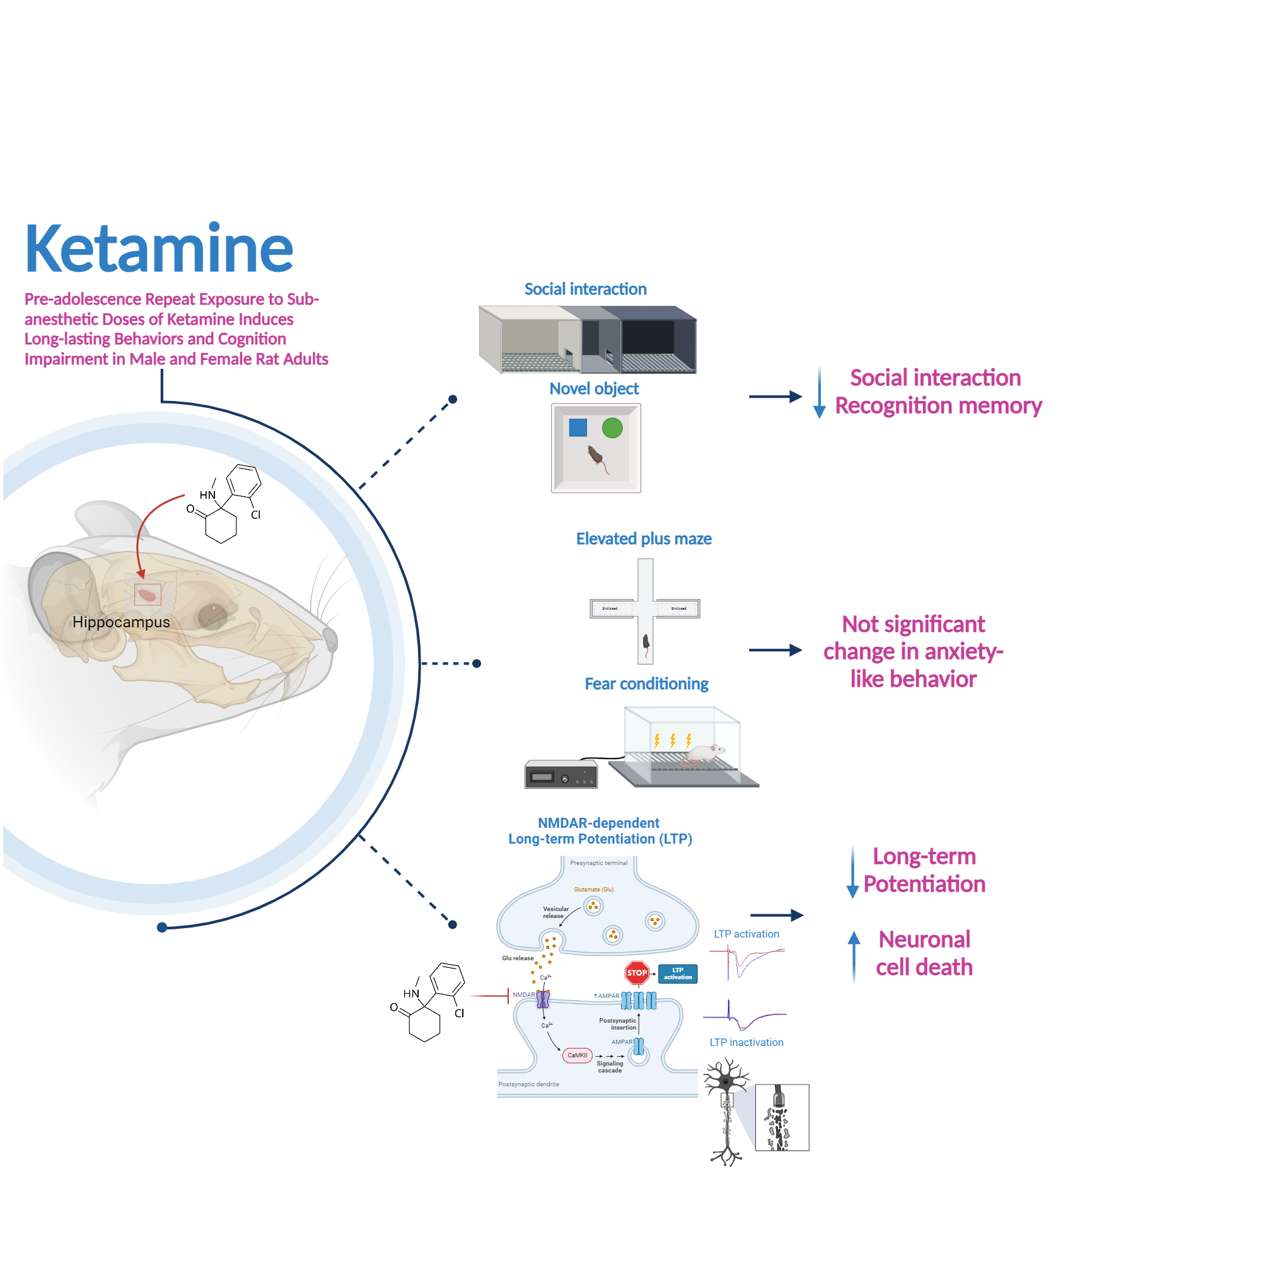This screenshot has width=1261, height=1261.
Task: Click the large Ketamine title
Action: point(159,248)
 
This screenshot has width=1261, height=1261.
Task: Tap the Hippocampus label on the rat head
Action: point(121,622)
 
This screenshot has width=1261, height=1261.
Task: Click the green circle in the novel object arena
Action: point(612,428)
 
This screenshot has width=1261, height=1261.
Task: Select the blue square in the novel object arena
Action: point(578,427)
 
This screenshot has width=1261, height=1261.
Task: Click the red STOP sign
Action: point(637,973)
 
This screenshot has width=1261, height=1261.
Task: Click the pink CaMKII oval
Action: point(577,1055)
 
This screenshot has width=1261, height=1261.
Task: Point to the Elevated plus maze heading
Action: point(644,539)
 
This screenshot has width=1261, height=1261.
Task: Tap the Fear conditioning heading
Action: point(646,684)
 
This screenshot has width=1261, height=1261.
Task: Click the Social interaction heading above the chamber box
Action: point(586,289)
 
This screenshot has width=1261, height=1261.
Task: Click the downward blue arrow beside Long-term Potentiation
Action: point(852,873)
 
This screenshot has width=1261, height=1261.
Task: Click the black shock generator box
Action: point(561,776)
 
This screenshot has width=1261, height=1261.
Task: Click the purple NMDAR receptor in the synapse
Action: point(543,999)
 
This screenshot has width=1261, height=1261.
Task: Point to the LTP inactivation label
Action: point(747,1043)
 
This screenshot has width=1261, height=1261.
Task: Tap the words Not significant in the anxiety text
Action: point(913,625)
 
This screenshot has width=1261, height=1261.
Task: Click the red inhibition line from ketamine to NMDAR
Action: point(489,996)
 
